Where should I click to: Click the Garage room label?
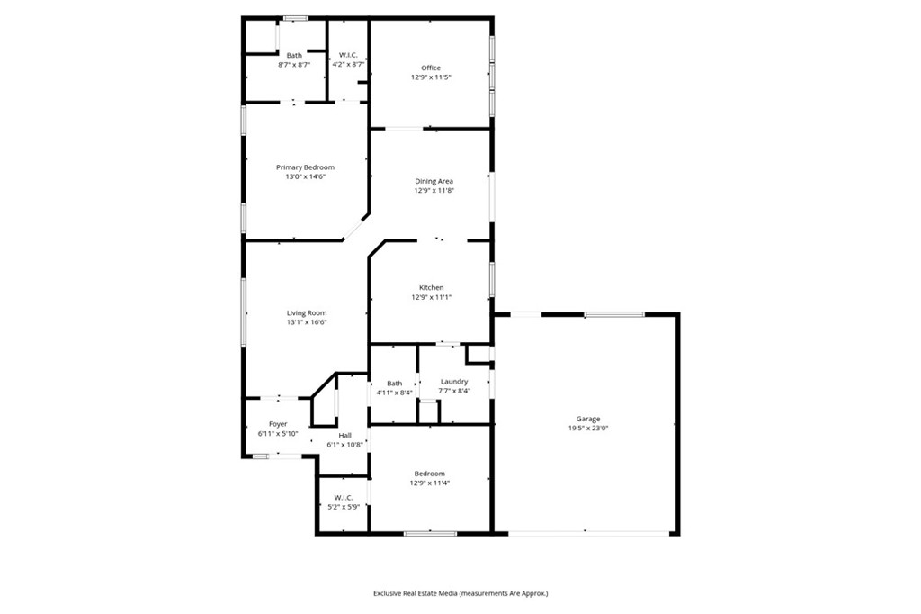point(588,419)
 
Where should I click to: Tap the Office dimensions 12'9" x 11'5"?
point(431,77)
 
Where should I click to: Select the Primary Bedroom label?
point(305,167)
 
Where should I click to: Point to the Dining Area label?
point(434,181)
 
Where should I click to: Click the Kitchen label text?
point(431,287)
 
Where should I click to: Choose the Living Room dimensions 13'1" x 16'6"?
point(307,322)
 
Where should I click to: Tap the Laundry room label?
point(453,382)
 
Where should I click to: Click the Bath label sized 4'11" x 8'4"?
point(394,383)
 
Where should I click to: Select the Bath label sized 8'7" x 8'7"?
point(294,55)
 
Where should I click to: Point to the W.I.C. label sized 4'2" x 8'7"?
point(347,55)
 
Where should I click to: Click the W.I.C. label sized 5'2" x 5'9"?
point(343,497)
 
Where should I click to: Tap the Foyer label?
point(278,424)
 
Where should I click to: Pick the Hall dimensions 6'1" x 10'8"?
point(345,444)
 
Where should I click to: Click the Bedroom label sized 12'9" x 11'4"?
point(429,474)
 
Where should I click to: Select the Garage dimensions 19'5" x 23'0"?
point(588,429)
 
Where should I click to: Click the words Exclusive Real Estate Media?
point(416,593)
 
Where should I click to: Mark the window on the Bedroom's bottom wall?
point(424,534)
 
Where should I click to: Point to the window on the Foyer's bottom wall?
point(261,456)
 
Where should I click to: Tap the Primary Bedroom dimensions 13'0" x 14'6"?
point(305,177)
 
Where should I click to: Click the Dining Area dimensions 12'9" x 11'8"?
point(434,191)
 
